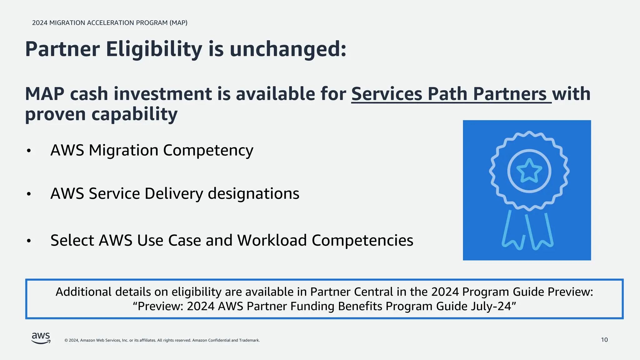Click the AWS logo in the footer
click(41, 338)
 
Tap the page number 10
click(604, 340)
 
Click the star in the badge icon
click(529, 171)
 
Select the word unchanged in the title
click(288, 49)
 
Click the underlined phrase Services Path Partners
click(451, 94)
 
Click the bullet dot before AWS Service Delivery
click(29, 194)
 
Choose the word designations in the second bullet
click(253, 193)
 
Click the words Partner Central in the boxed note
click(352, 292)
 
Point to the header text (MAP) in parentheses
click(178, 23)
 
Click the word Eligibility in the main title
click(154, 49)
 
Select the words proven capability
click(101, 114)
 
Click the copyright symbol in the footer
click(66, 340)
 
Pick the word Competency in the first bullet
click(208, 150)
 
